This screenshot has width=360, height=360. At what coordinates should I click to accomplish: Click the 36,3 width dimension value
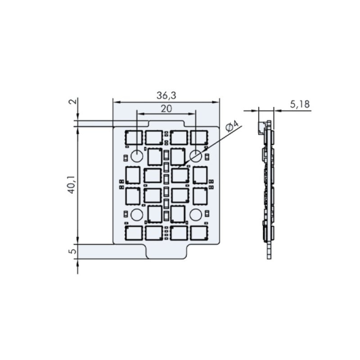click(x=166, y=96)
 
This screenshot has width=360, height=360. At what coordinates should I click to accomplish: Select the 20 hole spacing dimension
click(x=166, y=109)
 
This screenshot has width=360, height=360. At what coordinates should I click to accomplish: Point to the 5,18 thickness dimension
click(x=299, y=104)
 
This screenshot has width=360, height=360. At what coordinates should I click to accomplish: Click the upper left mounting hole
click(x=137, y=156)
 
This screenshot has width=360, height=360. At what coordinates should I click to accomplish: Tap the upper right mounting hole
click(x=195, y=156)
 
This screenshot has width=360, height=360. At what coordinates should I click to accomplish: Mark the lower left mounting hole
click(x=137, y=215)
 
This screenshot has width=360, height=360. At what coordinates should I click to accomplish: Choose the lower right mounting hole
click(x=195, y=215)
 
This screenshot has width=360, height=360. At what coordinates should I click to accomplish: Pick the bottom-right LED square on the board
click(x=199, y=233)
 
